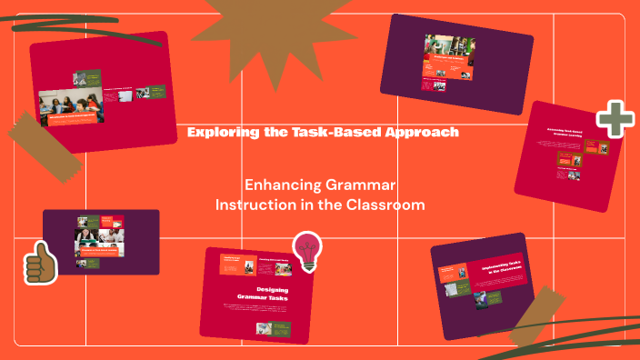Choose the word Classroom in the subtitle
coord(385,205)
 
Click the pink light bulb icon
coord(306,251)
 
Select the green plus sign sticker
coord(615,119)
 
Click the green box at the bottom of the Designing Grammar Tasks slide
coord(279,327)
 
